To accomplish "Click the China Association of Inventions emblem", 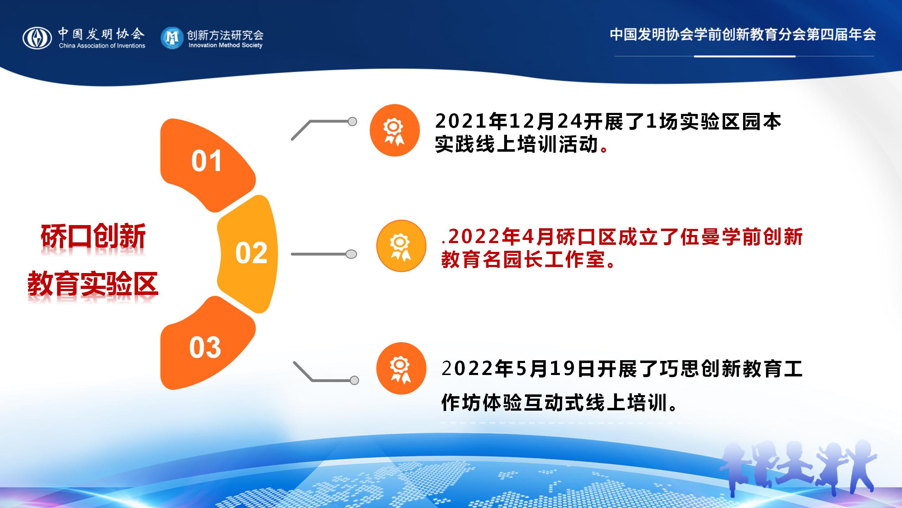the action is point(37,38).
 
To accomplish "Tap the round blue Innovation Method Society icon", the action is point(172,38).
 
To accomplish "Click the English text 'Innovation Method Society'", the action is point(225,45).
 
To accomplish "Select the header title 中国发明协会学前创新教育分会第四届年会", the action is point(743,35).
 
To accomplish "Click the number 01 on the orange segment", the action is point(206,161).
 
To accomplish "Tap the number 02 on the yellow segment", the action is point(251,253).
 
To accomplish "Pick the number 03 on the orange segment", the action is point(205,347).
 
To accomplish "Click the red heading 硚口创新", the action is point(93,236).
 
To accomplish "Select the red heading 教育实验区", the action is point(93,284).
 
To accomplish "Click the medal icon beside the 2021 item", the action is point(395,130).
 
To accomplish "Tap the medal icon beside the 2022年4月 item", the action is point(401,246).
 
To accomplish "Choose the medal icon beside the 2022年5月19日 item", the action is point(401,368).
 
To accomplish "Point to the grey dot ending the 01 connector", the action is point(352,122).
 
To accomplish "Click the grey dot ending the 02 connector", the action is point(351,254).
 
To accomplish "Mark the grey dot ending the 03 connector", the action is point(354,380).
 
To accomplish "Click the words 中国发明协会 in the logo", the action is point(101,34).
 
